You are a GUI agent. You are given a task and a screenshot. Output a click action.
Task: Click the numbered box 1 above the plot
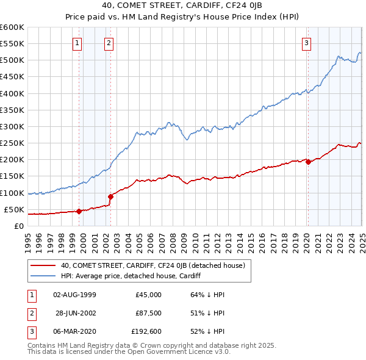pyautogui.click(x=78, y=43)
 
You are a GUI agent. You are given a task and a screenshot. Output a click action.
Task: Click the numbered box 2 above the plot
pyautogui.click(x=108, y=43)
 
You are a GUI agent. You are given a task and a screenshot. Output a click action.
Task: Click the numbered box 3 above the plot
pyautogui.click(x=306, y=43)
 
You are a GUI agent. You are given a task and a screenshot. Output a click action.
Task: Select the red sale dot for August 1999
pyautogui.click(x=79, y=211)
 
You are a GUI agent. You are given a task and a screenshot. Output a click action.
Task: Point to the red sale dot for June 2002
pyautogui.click(x=111, y=196)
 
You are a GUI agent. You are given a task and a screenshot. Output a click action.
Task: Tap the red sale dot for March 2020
pyautogui.click(x=308, y=162)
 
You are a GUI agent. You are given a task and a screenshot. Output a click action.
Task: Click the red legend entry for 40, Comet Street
pyautogui.click(x=152, y=265)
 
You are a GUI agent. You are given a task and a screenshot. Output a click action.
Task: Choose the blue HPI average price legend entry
pyautogui.click(x=131, y=276)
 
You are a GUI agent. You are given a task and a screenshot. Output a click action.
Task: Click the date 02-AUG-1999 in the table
pyautogui.click(x=75, y=294)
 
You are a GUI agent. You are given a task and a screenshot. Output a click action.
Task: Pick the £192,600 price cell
pyautogui.click(x=145, y=332)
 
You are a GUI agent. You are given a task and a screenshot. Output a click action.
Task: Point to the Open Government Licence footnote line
pyautogui.click(x=129, y=352)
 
